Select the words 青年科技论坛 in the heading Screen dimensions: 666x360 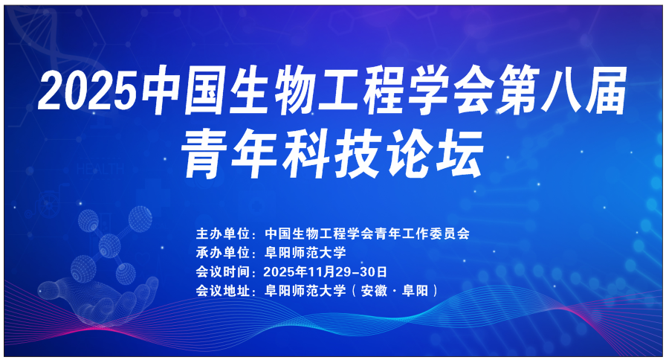point(332,154)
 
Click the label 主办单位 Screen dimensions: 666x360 point(222,234)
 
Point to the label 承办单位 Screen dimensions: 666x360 point(222,252)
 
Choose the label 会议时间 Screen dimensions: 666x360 point(222,271)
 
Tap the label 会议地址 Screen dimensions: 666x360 point(222,291)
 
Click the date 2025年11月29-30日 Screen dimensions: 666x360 point(326,271)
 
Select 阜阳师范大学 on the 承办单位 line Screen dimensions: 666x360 point(305,252)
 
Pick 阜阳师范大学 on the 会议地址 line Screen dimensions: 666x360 point(305,291)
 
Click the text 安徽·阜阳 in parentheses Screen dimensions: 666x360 point(395,291)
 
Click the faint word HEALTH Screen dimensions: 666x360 point(100,169)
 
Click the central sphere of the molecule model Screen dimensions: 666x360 point(109,245)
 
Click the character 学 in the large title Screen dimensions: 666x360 point(429,91)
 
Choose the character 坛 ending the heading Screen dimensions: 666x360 point(462,154)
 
